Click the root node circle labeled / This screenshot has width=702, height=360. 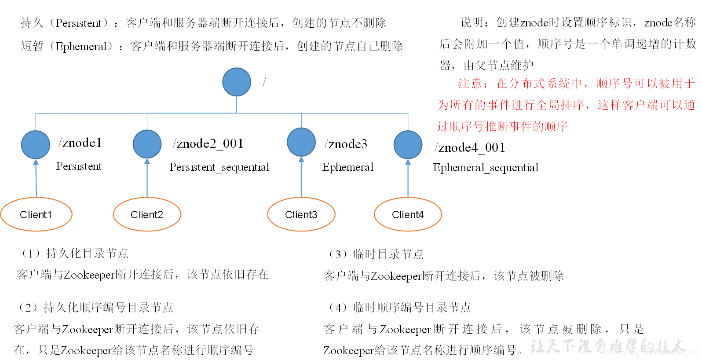[x=237, y=82]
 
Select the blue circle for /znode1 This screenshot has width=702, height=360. [x=36, y=145]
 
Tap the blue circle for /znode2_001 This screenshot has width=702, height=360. [x=147, y=144]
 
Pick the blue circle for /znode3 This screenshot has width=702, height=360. [x=301, y=142]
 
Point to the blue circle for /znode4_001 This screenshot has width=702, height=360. [x=408, y=145]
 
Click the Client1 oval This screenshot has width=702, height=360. [x=36, y=214]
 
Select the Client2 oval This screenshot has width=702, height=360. [x=147, y=214]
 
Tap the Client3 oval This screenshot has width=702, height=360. [x=301, y=214]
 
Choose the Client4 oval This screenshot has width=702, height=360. [x=408, y=214]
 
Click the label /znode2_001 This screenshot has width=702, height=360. [x=208, y=143]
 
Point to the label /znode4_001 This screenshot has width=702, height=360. [x=470, y=147]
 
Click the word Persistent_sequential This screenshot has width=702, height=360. [x=219, y=167]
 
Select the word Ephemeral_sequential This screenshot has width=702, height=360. [x=486, y=168]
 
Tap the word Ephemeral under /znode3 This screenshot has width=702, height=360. [x=347, y=167]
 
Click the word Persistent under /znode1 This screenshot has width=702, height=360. [x=79, y=166]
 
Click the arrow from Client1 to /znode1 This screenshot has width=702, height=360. [x=36, y=178]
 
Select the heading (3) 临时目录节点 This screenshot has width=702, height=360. [x=376, y=254]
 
